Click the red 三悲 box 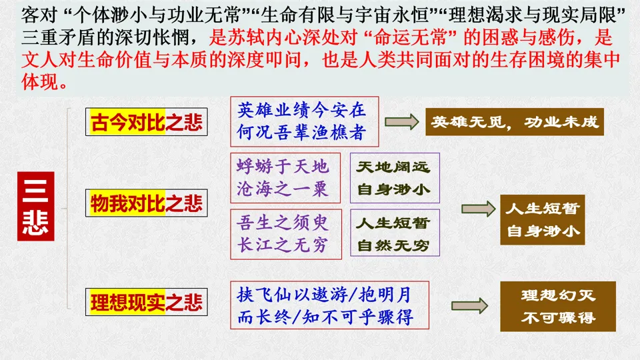click(x=35, y=205)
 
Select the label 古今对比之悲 click(x=147, y=122)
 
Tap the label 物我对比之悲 click(x=147, y=203)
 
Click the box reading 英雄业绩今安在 click(x=305, y=122)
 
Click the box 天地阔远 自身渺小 click(x=395, y=177)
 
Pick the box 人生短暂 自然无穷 click(x=395, y=233)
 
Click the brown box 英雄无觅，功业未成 click(x=515, y=122)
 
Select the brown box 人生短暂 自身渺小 click(x=543, y=220)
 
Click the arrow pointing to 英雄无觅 click(x=401, y=122)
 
